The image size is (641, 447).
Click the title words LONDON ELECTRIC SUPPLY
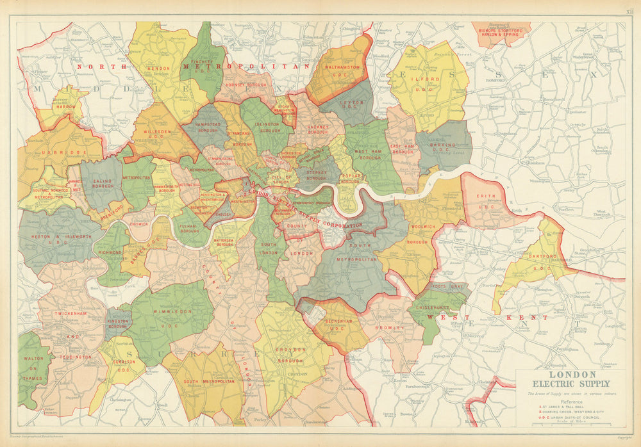[x=572, y=378]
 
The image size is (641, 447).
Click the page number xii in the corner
[x=630, y=10]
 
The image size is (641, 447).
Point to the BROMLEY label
[x=388, y=328]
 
